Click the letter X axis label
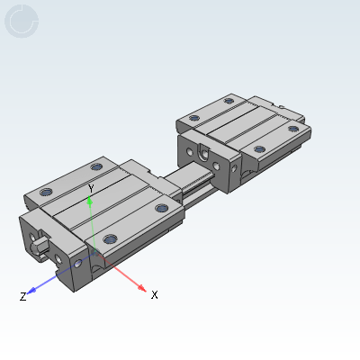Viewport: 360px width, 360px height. tap(154, 295)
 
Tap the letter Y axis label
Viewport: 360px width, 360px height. tap(91, 189)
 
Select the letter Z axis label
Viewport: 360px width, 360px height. tap(22, 296)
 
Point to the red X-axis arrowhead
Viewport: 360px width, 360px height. tap(141, 288)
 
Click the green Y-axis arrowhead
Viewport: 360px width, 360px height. tap(89, 200)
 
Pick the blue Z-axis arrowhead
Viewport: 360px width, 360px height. tap(31, 290)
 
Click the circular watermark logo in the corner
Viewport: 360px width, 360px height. tap(22, 21)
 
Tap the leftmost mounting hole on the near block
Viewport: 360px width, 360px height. tap(46, 192)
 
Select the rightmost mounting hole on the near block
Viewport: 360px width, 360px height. tap(162, 208)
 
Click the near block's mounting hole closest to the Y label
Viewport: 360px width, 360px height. tap(96, 166)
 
